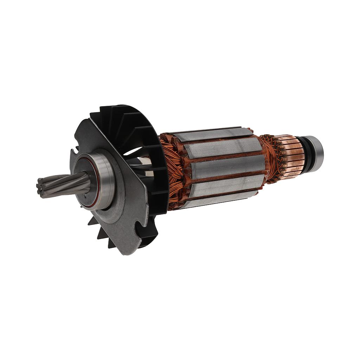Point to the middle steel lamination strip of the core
point(225,166)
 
